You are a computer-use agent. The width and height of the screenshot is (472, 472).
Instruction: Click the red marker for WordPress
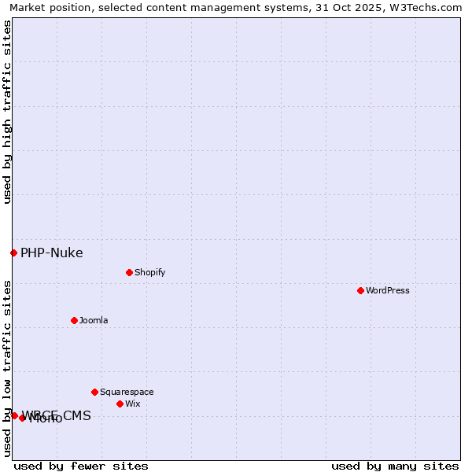[x=360, y=290]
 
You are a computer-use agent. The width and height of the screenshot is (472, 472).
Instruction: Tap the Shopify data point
[x=129, y=272]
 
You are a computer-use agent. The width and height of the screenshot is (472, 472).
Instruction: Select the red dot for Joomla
[x=74, y=320]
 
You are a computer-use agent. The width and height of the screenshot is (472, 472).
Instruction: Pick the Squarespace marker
[x=94, y=392]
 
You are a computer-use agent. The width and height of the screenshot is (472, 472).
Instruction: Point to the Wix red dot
[x=120, y=404]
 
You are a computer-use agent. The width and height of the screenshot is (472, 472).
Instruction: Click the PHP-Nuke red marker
[x=13, y=253]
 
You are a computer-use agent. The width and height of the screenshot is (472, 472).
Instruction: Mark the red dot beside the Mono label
[x=22, y=418]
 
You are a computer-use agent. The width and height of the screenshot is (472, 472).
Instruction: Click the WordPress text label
[x=388, y=290]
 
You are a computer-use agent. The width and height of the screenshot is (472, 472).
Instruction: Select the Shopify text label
[x=149, y=272]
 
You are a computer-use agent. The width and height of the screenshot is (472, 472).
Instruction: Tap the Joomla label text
[x=94, y=320]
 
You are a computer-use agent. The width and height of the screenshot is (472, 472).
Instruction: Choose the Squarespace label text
[x=127, y=392]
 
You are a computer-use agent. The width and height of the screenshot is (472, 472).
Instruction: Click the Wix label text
[x=133, y=404]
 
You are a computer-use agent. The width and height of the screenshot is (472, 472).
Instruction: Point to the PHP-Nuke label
[x=52, y=253]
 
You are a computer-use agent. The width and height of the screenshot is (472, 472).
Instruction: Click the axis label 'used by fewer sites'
[x=81, y=466]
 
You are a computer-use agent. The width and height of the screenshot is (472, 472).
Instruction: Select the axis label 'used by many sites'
[x=395, y=466]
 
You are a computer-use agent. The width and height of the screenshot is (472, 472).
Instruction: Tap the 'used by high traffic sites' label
[x=7, y=112]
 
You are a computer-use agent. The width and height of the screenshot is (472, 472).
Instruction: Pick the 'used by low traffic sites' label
[x=7, y=368]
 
